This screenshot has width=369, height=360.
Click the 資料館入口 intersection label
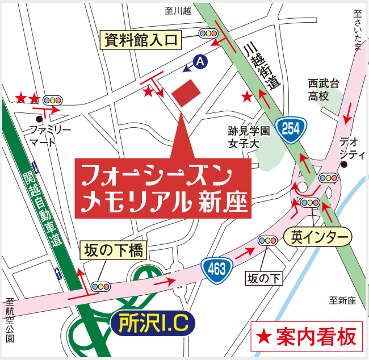click(x=141, y=40)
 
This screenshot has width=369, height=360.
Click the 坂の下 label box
click(x=264, y=278)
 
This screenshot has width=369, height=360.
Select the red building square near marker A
click(x=186, y=93)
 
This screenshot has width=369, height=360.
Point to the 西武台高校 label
click(x=324, y=90)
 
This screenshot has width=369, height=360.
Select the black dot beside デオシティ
click(x=343, y=165)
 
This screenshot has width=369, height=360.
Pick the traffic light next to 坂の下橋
click(x=101, y=286)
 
